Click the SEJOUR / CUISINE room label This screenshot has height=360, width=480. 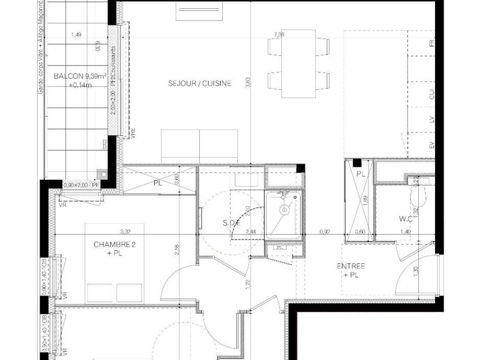point(199,83)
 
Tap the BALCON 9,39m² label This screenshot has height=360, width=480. point(73,77)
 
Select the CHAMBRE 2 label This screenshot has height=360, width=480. point(114,245)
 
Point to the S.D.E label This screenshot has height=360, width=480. point(232,223)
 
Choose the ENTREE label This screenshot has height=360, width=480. point(350,266)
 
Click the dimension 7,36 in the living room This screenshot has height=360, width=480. point(279,35)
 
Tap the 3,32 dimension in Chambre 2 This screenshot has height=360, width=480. point(126,230)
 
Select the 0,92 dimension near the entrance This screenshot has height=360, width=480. point(325,231)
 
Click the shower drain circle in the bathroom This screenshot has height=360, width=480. point(284,209)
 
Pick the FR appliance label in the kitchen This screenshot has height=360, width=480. point(431,43)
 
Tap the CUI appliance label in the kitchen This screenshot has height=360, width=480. point(431,94)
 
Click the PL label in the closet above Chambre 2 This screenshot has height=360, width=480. point(158,183)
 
